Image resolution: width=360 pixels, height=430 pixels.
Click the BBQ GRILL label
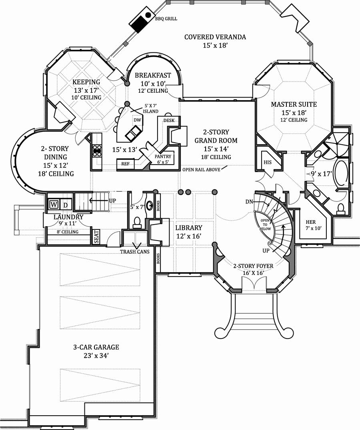[x=166, y=19]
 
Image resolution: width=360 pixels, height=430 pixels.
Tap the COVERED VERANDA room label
[x=215, y=37]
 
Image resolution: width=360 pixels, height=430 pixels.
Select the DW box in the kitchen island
[x=137, y=120]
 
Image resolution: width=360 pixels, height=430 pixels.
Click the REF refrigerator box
[x=125, y=164]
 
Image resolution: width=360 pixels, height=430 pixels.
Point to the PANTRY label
[x=163, y=156]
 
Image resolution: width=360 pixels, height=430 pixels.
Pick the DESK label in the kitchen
[x=169, y=120]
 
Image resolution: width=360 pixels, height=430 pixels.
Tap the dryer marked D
[x=66, y=205]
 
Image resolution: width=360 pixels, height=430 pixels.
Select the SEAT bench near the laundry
[x=96, y=237]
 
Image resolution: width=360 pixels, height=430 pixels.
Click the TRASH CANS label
[x=135, y=251]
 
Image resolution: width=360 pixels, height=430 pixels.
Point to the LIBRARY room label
[x=189, y=228]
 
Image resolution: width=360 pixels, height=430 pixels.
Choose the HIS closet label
[x=268, y=162]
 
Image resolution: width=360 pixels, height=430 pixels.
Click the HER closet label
[x=311, y=222]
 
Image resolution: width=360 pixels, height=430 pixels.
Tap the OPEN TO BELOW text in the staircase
[x=265, y=225]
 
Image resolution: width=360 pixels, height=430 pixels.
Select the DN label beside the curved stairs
[x=249, y=202]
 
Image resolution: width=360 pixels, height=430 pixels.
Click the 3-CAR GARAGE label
[x=96, y=347]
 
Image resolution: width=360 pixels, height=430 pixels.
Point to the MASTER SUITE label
[x=294, y=104]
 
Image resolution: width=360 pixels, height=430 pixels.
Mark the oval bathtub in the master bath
[x=340, y=173]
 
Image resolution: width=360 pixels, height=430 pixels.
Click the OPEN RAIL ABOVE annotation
[x=202, y=169]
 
